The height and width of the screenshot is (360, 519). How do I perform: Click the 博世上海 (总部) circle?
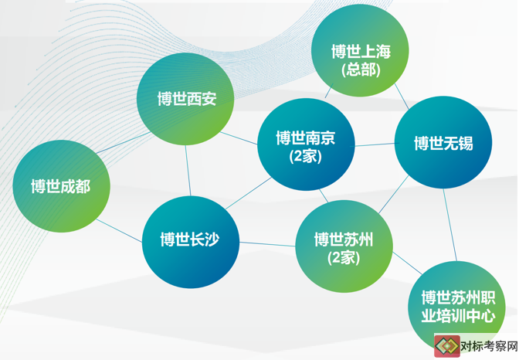point(360,50)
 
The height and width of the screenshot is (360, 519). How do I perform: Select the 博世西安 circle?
point(185,99)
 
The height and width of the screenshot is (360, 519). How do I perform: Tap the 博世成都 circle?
point(61,186)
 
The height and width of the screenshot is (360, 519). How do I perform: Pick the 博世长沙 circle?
point(191,242)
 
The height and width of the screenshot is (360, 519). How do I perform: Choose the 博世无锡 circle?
point(443,142)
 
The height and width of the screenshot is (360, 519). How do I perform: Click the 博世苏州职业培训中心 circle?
point(456,307)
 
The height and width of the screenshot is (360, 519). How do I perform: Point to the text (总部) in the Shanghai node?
point(361,70)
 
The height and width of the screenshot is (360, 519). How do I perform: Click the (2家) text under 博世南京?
point(306,156)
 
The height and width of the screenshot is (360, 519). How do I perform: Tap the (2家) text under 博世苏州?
point(344,258)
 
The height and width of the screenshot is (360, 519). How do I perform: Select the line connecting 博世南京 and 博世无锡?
point(375,144)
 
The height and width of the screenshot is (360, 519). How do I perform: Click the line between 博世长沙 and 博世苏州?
point(267,244)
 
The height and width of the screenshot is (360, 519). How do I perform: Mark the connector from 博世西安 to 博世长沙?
point(188,171)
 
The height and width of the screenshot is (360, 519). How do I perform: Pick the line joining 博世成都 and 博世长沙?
point(119,230)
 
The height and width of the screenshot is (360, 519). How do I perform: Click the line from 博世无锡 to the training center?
point(450,225)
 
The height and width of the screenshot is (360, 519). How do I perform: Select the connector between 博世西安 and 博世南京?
point(239,138)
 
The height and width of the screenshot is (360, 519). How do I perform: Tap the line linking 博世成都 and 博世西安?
point(123,143)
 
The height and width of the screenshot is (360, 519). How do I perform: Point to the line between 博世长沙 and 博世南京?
point(249,193)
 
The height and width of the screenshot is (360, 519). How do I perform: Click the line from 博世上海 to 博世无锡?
point(402,96)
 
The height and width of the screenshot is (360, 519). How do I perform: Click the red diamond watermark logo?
point(447,346)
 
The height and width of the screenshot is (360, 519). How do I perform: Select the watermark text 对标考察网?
point(489,346)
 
